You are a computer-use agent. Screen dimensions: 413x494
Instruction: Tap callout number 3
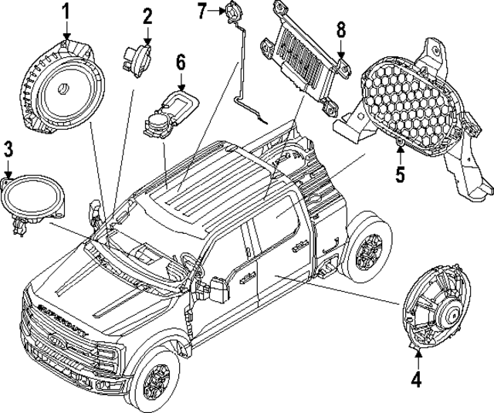[x=8, y=148]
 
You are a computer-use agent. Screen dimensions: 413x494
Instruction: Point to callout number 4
[x=416, y=379]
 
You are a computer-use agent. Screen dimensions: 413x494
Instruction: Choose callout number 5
[x=400, y=174]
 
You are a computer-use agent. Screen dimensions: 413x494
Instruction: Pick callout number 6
[x=181, y=61]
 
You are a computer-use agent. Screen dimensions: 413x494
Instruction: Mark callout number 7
[x=202, y=11]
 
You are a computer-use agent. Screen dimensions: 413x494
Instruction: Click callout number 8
[x=340, y=32]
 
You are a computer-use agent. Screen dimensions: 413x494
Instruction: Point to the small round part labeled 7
[x=232, y=11]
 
